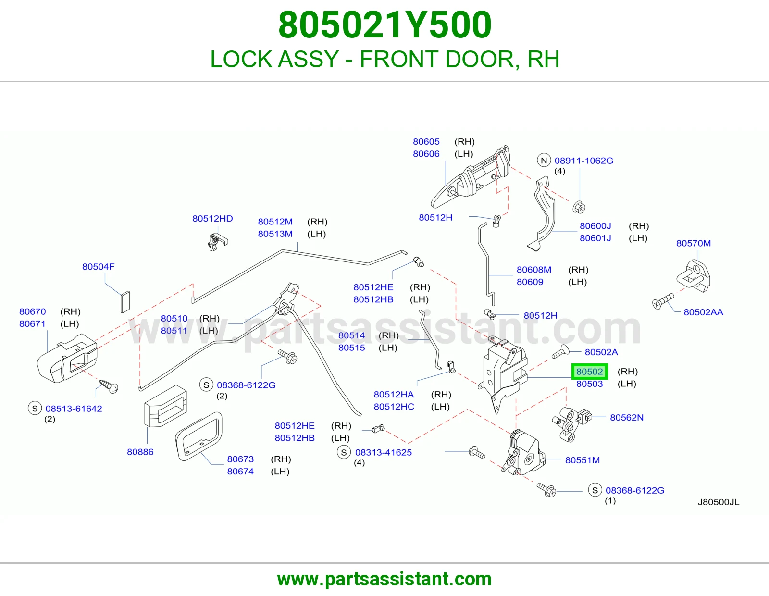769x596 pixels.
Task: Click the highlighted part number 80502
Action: click(x=589, y=372)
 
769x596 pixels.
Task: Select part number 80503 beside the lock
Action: click(x=589, y=384)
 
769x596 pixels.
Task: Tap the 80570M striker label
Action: click(x=693, y=244)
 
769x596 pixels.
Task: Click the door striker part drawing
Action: click(x=693, y=276)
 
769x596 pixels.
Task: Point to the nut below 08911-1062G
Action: click(x=579, y=207)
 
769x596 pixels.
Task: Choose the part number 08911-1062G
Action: click(x=583, y=161)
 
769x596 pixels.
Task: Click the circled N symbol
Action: click(x=544, y=161)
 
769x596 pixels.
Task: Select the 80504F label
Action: click(x=99, y=267)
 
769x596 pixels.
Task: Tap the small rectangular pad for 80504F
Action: click(x=125, y=302)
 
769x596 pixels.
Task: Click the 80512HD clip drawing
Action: click(x=217, y=242)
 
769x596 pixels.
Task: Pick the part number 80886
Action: click(x=140, y=452)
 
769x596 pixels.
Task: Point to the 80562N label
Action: click(x=626, y=418)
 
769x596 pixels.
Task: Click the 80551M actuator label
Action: click(x=582, y=460)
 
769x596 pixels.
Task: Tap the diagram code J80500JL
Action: click(x=719, y=502)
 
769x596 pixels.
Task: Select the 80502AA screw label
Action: click(x=703, y=312)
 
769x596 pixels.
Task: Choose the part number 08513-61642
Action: click(x=74, y=409)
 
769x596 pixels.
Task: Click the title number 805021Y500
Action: click(x=384, y=25)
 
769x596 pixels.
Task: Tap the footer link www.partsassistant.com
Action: click(x=384, y=579)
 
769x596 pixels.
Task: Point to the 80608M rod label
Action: click(x=533, y=270)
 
